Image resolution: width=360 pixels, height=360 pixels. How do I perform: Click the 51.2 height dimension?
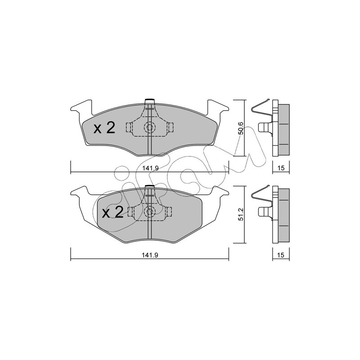coord(240,215)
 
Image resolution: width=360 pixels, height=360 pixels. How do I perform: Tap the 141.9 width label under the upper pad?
coord(150,168)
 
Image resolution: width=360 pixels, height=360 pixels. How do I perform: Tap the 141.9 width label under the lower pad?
coord(150,255)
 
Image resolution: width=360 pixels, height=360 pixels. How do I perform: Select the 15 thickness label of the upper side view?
coord(281,168)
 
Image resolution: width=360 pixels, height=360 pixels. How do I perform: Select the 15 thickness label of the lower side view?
coord(281,255)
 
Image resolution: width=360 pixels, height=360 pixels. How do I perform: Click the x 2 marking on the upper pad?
coord(104,128)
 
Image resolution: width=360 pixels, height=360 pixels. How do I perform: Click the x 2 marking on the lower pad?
coord(113,212)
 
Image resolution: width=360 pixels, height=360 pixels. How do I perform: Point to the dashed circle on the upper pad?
coord(150,127)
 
